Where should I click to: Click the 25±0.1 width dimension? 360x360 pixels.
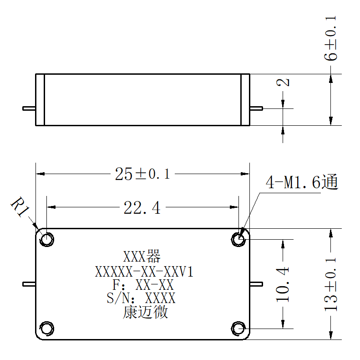[142, 174]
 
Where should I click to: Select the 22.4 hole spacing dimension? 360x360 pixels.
[142, 208]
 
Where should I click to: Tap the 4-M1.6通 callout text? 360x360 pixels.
[302, 182]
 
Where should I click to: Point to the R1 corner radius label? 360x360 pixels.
[20, 207]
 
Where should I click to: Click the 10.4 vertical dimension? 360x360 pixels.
[283, 284]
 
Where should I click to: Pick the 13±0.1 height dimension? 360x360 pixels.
[330, 285]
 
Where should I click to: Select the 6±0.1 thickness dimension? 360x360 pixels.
[330, 38]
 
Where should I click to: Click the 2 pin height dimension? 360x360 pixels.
[283, 82]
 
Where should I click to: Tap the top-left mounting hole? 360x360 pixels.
[46, 239]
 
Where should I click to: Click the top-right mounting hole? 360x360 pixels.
[238, 239]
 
